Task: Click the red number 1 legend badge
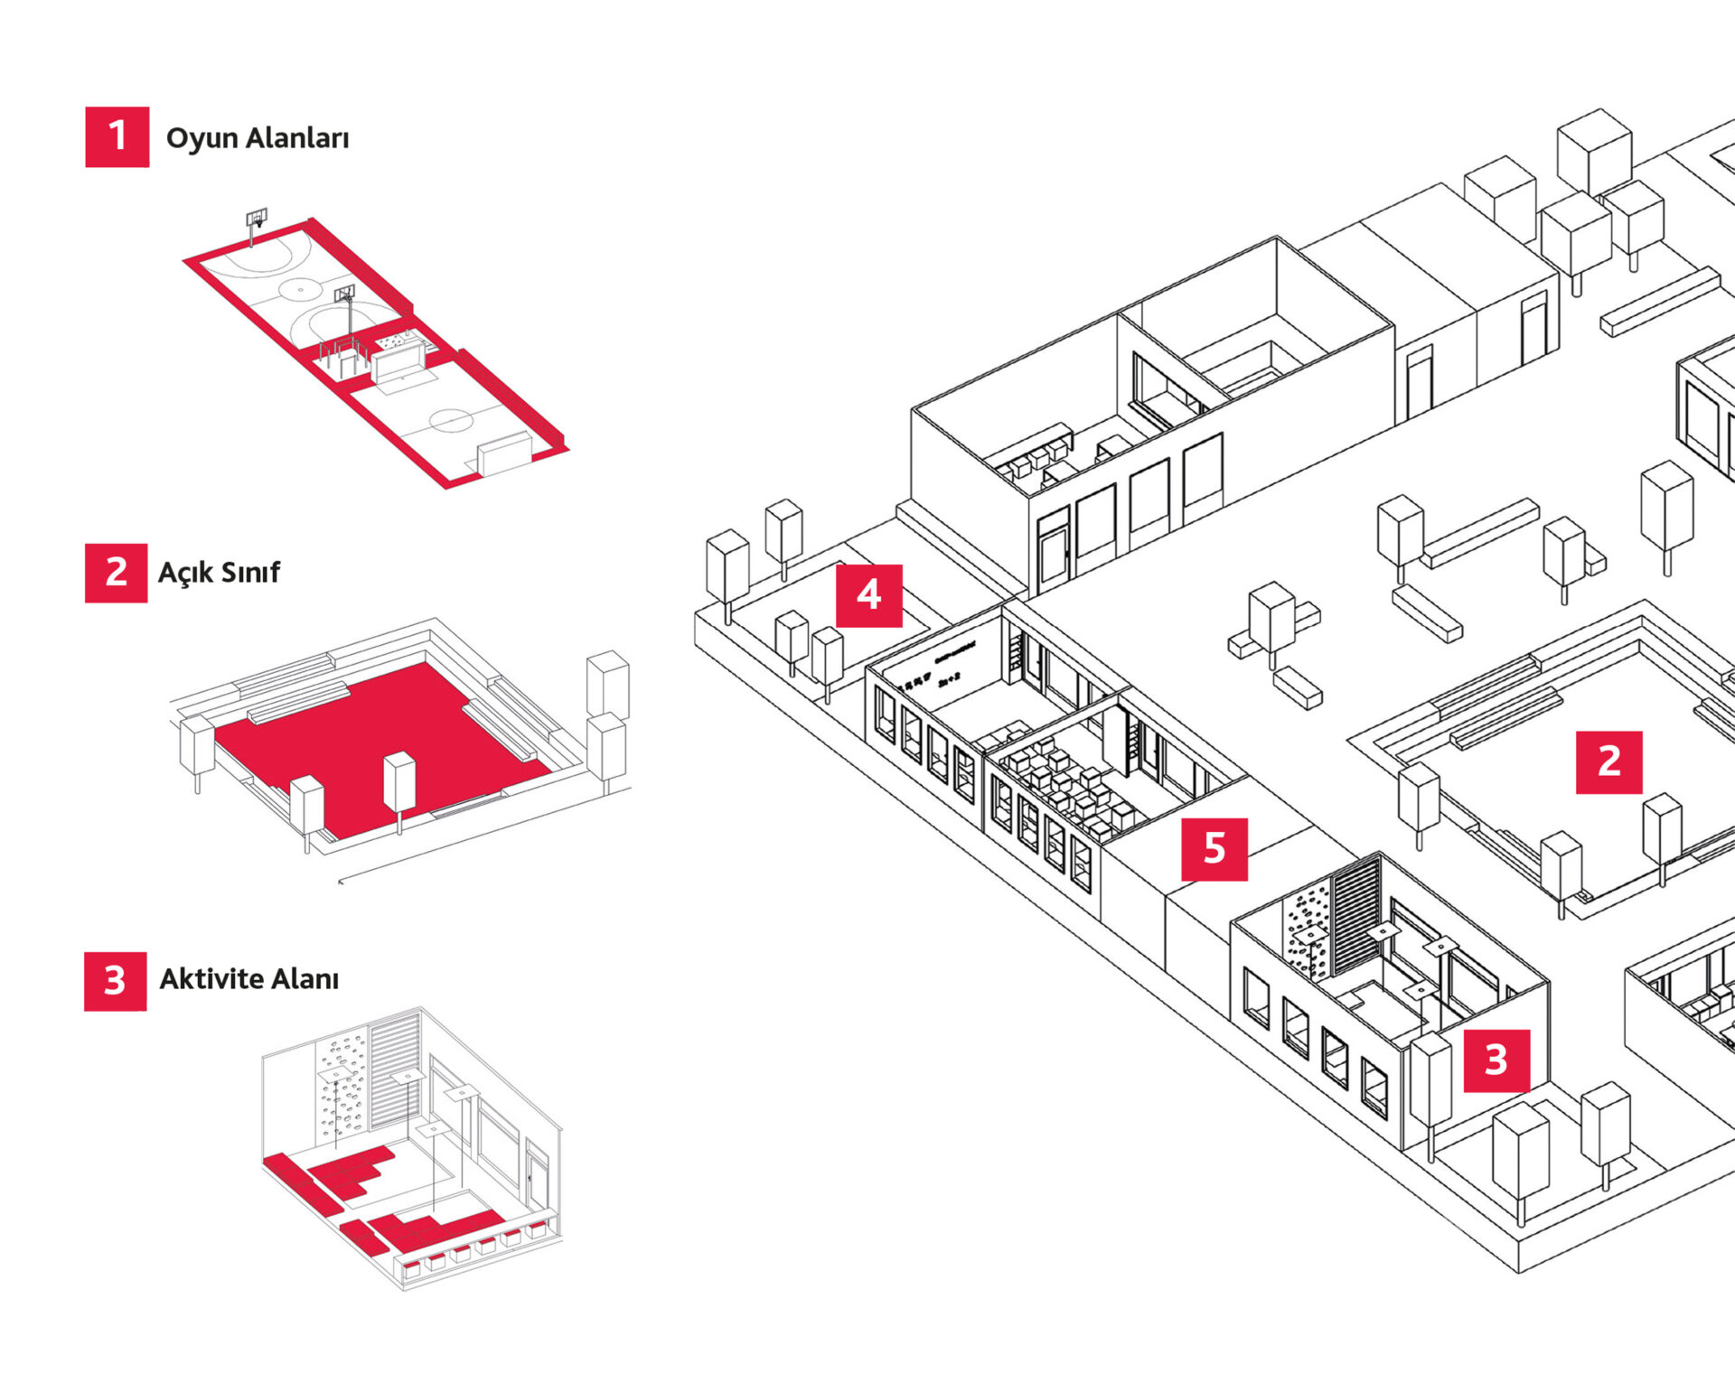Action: coord(117,136)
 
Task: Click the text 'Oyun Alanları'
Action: coord(258,138)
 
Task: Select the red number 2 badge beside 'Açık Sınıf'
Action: coord(116,573)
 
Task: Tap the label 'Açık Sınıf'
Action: coord(219,573)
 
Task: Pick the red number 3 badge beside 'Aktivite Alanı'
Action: coord(115,981)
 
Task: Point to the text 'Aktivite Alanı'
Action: coord(249,979)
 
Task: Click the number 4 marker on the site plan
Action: coord(868,595)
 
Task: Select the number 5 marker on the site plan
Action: coord(1214,849)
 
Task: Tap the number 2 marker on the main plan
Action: coord(1608,762)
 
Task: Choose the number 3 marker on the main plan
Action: coord(1496,1060)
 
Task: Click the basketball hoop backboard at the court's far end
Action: coord(257,218)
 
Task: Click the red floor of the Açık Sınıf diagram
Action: coord(380,723)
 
